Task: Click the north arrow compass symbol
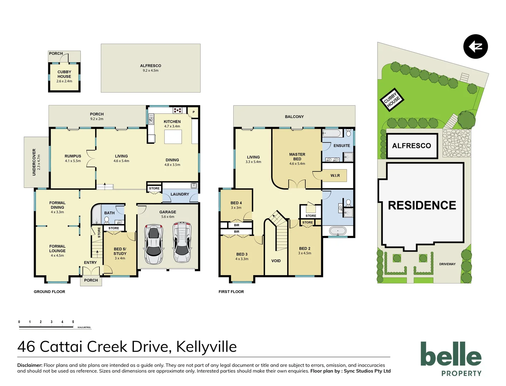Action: coord(475,46)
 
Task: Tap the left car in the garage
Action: coord(153,244)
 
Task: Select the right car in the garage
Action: coord(182,243)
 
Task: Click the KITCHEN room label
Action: coord(172,122)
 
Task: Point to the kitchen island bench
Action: coord(173,137)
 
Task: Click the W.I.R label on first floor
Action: coord(335,175)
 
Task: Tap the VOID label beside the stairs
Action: coord(276,261)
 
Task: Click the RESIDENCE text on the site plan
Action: coord(422,206)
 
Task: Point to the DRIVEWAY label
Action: coord(447,264)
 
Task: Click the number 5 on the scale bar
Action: coord(73,322)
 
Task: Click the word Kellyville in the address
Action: coord(206,347)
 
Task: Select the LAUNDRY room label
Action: coord(180,194)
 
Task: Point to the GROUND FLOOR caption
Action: coord(49,292)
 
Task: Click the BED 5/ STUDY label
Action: coord(120,251)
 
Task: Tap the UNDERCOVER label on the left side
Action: coord(34,162)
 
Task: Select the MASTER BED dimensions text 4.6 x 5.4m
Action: coord(297,164)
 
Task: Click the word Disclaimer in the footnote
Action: coord(30,365)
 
